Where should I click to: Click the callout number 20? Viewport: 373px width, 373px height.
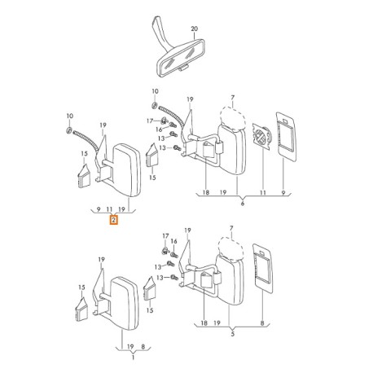(x=195, y=29)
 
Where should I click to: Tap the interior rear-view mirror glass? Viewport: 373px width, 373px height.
(x=180, y=59)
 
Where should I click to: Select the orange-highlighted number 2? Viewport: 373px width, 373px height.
(x=114, y=219)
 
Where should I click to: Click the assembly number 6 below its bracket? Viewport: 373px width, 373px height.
(x=243, y=203)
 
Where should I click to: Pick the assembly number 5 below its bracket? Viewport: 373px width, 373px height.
(x=232, y=334)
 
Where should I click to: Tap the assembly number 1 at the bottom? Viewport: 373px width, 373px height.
(x=133, y=358)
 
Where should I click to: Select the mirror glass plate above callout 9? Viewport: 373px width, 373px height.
(x=286, y=137)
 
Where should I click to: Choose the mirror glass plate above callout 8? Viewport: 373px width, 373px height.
(x=262, y=268)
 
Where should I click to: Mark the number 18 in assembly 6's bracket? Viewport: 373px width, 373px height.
(x=206, y=192)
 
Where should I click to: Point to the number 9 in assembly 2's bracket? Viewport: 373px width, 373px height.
(x=99, y=209)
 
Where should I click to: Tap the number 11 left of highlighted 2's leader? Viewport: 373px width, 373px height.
(x=109, y=209)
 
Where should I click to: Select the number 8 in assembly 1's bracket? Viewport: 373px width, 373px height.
(x=143, y=346)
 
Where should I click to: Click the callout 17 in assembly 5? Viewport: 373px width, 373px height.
(x=165, y=236)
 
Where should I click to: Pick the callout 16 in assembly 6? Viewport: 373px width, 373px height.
(x=159, y=129)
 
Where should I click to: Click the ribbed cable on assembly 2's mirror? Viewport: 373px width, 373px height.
(x=85, y=140)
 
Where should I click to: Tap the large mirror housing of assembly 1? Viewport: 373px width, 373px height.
(x=125, y=303)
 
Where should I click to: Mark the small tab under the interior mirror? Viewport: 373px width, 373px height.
(x=184, y=68)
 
